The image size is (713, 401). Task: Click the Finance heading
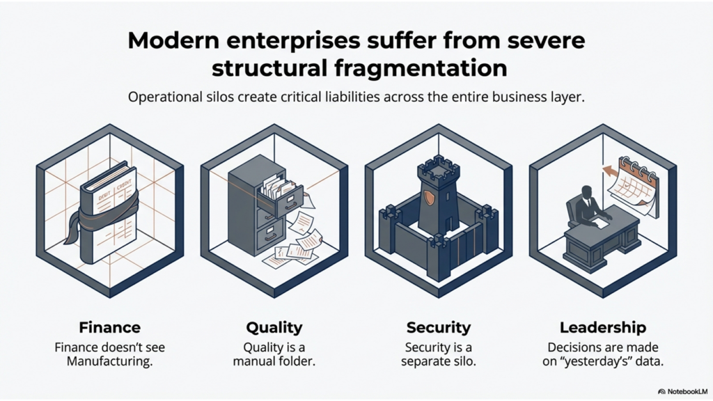[109, 327]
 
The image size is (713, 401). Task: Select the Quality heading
[274, 327]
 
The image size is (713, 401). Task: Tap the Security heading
[439, 327]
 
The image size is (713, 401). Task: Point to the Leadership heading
[603, 327]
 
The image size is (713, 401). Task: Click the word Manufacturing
[110, 362]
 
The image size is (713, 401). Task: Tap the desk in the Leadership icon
[602, 240]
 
